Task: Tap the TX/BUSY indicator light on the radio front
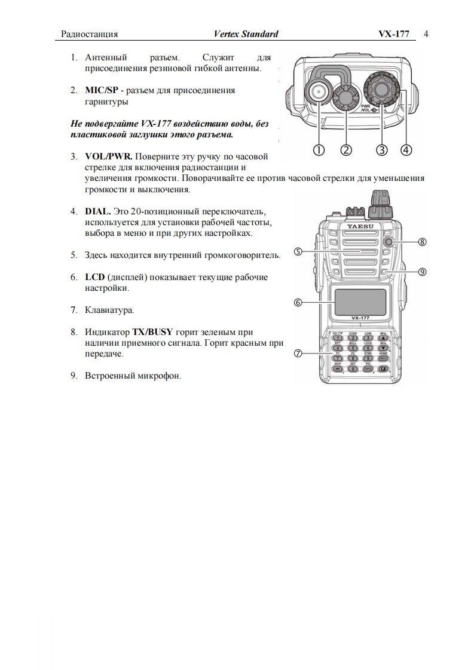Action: (x=389, y=242)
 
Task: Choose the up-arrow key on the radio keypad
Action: (x=383, y=337)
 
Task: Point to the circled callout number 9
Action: (x=422, y=272)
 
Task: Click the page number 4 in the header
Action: (x=426, y=34)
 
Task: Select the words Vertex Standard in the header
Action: (x=246, y=34)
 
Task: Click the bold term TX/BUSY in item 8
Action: (x=152, y=333)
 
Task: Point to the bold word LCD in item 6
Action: (x=94, y=278)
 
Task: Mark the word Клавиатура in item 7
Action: (x=109, y=311)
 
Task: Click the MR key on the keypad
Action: (x=338, y=370)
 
